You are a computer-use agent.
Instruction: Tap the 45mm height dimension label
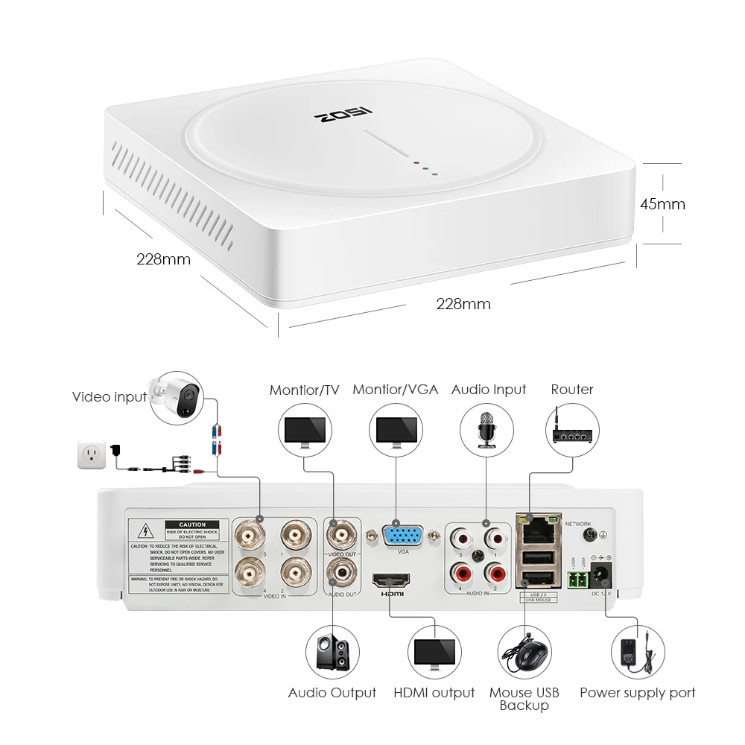pyautogui.click(x=662, y=203)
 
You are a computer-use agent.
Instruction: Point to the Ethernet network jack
pyautogui.click(x=538, y=530)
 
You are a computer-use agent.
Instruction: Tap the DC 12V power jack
pyautogui.click(x=600, y=575)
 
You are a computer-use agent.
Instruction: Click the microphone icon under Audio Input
pyautogui.click(x=489, y=429)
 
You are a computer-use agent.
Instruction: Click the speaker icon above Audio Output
pyautogui.click(x=332, y=653)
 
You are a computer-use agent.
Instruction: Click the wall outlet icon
pyautogui.click(x=92, y=454)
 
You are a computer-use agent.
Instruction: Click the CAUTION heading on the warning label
pyautogui.click(x=192, y=525)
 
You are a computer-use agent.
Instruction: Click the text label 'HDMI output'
pyautogui.click(x=434, y=693)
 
